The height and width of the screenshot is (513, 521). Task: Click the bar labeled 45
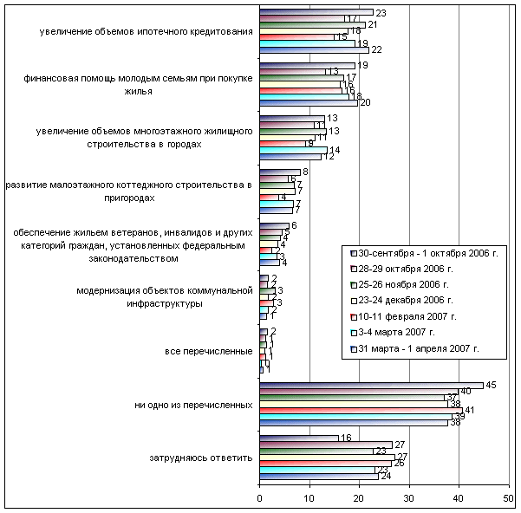[x=373, y=385]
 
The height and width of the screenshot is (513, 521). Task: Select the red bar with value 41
[x=361, y=409]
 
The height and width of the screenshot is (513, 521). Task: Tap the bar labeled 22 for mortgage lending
[x=314, y=49]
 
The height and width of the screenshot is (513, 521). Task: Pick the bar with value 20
[x=309, y=102]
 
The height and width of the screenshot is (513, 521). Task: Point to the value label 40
[x=466, y=392]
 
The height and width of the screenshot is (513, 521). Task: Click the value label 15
[x=342, y=36]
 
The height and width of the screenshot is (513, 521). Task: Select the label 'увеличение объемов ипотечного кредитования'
[x=146, y=33]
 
